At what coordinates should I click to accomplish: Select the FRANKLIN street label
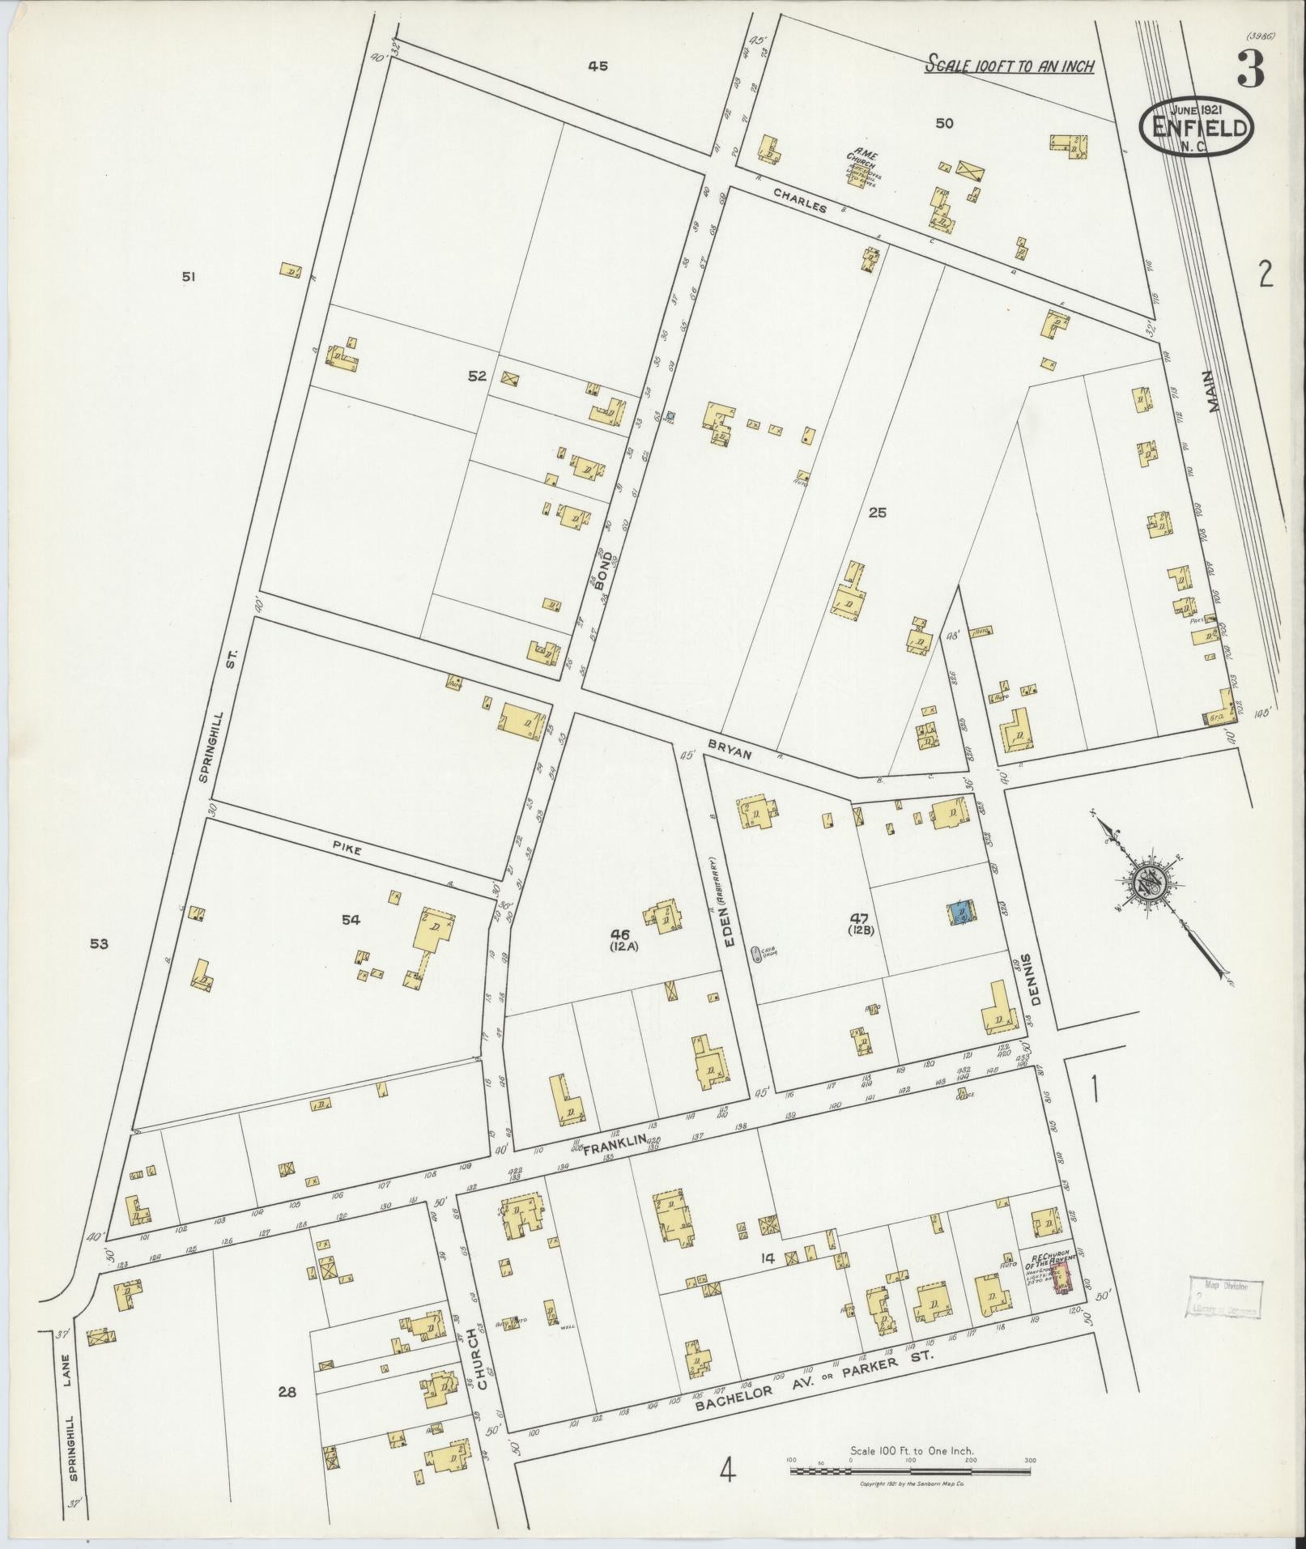pos(615,1141)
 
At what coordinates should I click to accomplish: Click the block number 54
pos(351,920)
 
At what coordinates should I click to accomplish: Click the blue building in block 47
pos(961,912)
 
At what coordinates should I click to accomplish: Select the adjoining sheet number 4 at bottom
pos(726,1470)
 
